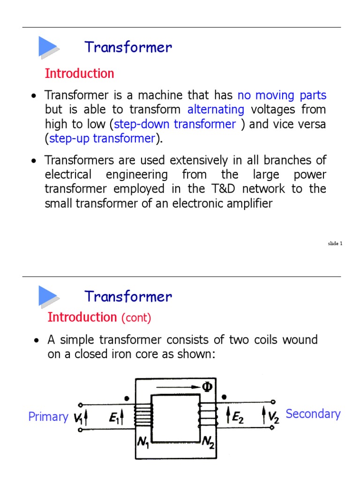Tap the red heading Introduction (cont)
[x=99, y=317]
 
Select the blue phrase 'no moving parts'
[x=282, y=96]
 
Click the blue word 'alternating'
[x=216, y=110]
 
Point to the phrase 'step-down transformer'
[x=175, y=124]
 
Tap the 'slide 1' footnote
[x=335, y=243]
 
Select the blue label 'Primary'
[x=48, y=417]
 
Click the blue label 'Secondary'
[x=313, y=414]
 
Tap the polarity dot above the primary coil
[x=127, y=399]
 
